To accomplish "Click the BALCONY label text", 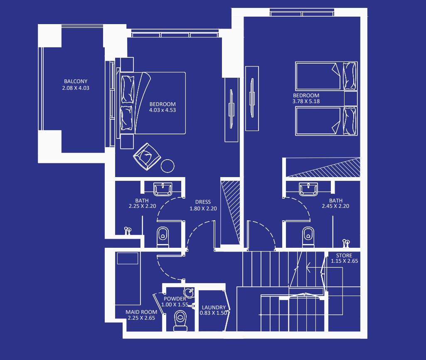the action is click(76, 81).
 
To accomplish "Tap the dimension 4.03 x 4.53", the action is click(163, 110).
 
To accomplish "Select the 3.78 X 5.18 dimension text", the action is click(306, 101).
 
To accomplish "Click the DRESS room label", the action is click(203, 202).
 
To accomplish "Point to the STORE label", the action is click(344, 255).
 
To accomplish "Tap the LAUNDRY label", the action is click(214, 307).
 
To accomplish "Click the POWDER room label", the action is click(175, 298).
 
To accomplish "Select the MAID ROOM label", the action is click(141, 312).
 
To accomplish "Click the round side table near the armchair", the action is click(167, 166).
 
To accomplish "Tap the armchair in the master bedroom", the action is click(147, 156).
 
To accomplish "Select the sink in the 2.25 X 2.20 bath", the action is click(163, 189).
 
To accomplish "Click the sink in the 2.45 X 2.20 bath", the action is click(308, 189).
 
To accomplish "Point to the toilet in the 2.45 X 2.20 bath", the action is click(308, 237).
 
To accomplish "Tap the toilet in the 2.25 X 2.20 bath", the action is click(163, 237).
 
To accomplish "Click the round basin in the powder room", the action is click(189, 293).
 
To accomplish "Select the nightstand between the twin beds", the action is click(351, 99).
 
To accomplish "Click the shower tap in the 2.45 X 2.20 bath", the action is click(346, 243).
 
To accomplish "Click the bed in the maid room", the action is click(128, 279).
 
